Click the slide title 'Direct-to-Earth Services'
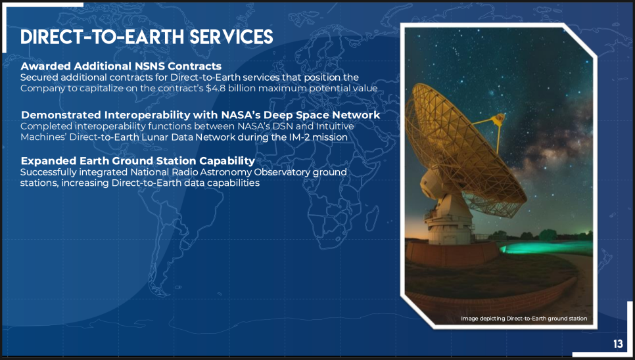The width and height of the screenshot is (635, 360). tap(147, 37)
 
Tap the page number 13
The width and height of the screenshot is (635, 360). tap(618, 344)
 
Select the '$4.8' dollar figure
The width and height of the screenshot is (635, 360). tap(216, 88)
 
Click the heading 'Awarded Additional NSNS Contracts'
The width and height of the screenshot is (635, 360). tap(121, 66)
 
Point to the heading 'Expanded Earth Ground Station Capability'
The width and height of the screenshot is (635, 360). tap(138, 160)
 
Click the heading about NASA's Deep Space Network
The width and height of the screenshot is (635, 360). tap(200, 115)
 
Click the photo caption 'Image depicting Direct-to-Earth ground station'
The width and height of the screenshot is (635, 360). tap(524, 319)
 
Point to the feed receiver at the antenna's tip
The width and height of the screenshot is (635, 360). tap(498, 118)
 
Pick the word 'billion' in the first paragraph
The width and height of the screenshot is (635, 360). tap(241, 88)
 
